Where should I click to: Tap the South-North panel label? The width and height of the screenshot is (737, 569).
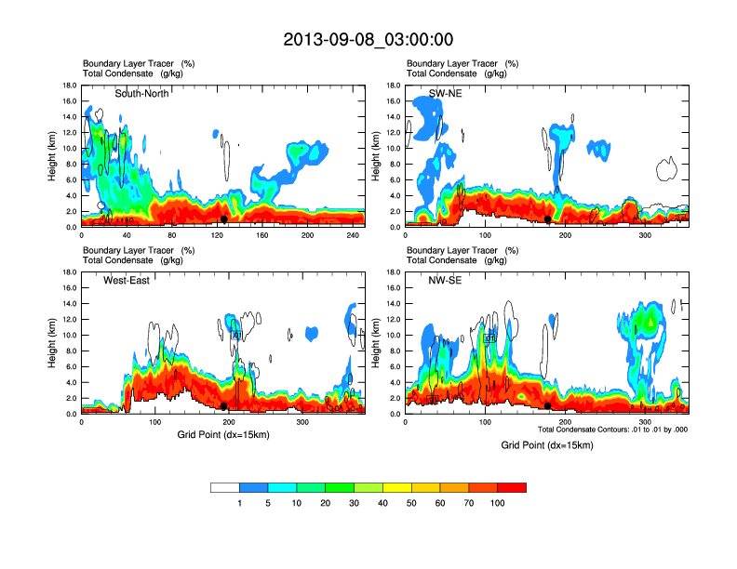pyautogui.click(x=142, y=94)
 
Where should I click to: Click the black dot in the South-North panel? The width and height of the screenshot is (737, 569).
pyautogui.click(x=223, y=218)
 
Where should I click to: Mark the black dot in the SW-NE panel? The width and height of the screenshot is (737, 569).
pyautogui.click(x=548, y=218)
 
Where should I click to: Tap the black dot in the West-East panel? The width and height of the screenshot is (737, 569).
pyautogui.click(x=223, y=405)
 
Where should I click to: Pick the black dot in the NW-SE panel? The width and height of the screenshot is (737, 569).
pyautogui.click(x=547, y=405)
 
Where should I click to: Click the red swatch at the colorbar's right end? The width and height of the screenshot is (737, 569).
pyautogui.click(x=512, y=487)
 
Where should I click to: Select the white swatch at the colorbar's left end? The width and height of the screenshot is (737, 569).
pyautogui.click(x=225, y=487)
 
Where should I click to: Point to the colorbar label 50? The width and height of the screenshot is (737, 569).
pyautogui.click(x=411, y=503)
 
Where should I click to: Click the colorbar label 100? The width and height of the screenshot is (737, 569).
pyautogui.click(x=497, y=503)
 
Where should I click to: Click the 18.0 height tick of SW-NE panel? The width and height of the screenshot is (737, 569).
pyautogui.click(x=394, y=86)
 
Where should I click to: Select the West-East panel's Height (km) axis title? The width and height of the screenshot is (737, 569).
pyautogui.click(x=53, y=343)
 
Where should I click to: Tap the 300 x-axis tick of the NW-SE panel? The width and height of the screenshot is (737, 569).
pyautogui.click(x=625, y=423)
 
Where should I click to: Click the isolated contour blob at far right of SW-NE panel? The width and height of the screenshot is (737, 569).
pyautogui.click(x=666, y=168)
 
